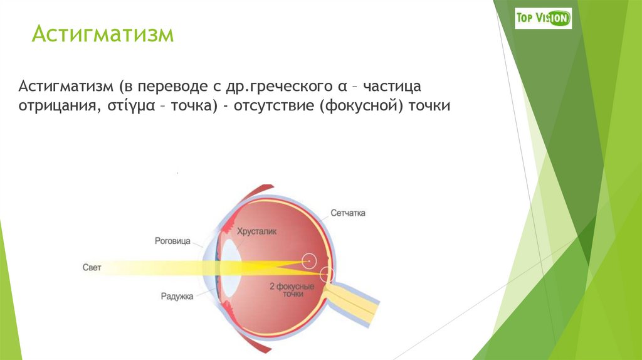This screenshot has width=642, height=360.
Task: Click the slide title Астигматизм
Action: coord(103,34)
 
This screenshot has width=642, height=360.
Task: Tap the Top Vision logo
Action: coord(543,18)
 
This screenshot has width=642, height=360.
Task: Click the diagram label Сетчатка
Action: coord(348,213)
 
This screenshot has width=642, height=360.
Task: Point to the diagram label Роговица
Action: coord(172,240)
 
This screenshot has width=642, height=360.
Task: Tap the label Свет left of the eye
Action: coord(92,267)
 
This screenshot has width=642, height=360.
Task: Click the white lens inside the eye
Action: coord(230,267)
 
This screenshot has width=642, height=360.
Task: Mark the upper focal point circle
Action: coord(308,260)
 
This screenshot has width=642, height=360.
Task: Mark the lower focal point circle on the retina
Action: coord(326,274)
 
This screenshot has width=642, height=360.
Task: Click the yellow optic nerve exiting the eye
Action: coord(357,301)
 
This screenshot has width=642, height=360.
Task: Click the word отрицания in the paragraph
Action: coord(56,106)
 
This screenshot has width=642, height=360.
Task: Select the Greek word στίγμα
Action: coord(125,106)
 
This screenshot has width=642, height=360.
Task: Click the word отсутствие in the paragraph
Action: coord(273,106)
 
